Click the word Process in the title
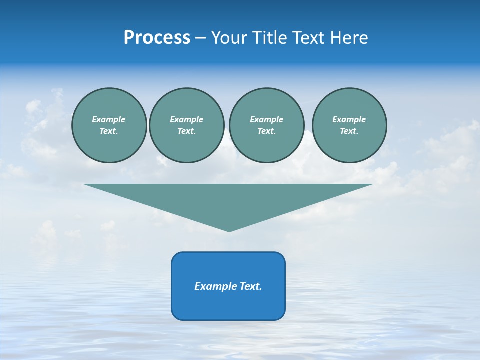point(157,38)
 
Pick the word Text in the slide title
point(308,38)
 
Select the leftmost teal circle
point(109,125)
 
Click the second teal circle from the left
point(187,125)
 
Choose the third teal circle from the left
point(267,125)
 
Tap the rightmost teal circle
point(349,125)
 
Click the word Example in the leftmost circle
point(109,119)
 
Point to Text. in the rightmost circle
point(349,131)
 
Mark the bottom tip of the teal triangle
point(229,231)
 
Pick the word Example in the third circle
point(267,119)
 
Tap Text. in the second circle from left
point(187,131)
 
